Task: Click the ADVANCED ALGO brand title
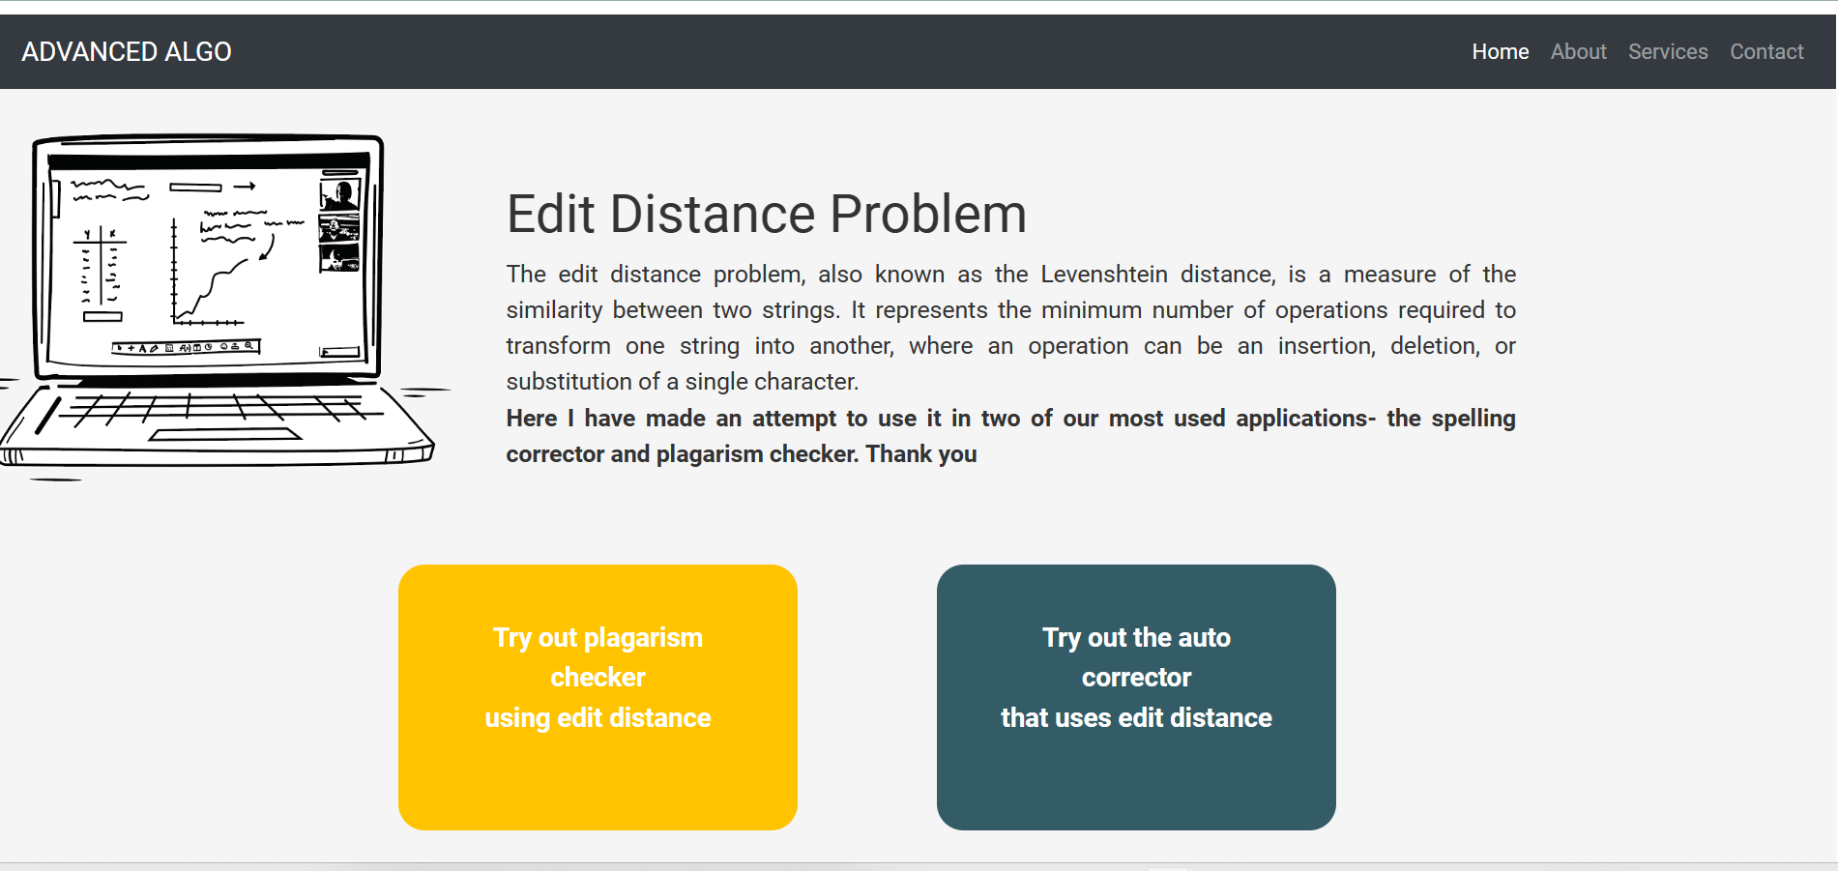pos(127,52)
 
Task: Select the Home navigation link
pos(1500,52)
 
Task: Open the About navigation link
pos(1578,52)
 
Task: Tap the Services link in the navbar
pos(1667,52)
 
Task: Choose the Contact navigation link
pos(1765,52)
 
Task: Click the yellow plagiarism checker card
pos(598,696)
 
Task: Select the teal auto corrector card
pos(1136,696)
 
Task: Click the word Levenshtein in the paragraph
pos(1103,275)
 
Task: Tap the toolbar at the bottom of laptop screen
pos(186,347)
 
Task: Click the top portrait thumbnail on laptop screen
pos(339,194)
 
